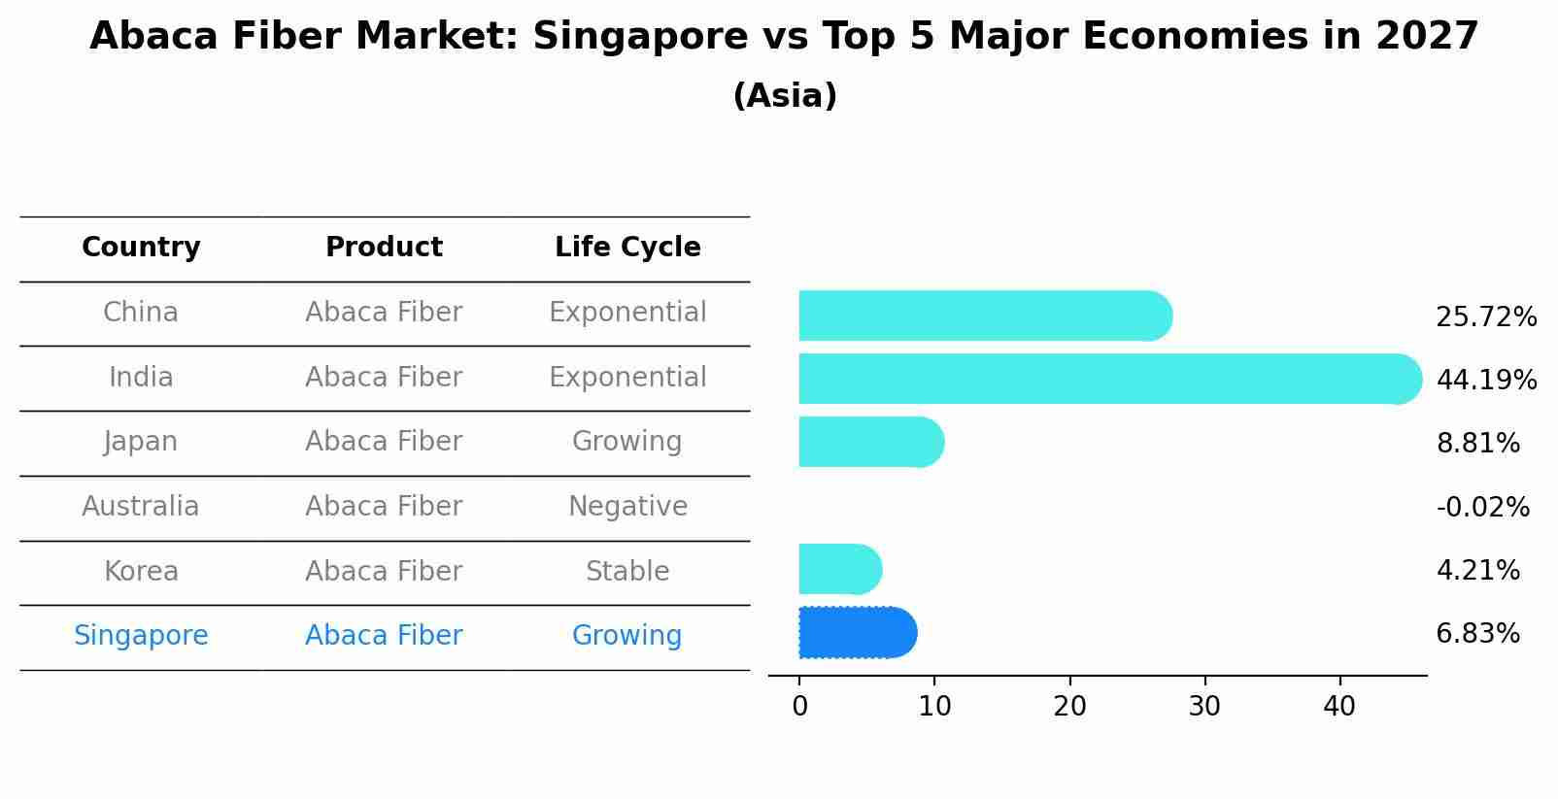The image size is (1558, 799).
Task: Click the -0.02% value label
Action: pos(1482,507)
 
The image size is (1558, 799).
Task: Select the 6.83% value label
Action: pos(1477,634)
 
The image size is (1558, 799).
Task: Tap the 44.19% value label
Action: pos(1486,380)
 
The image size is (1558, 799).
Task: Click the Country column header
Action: pos(141,248)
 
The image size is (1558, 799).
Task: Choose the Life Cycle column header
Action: pos(627,248)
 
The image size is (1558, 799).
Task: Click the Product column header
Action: pos(384,248)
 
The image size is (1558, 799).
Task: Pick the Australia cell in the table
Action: pos(141,507)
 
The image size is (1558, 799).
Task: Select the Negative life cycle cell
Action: pos(627,507)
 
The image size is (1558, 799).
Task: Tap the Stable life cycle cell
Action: pos(627,572)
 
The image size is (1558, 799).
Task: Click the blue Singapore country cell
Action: pos(141,636)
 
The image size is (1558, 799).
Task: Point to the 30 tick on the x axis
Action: pos(1204,707)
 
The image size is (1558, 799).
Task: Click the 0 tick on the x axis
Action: pos(799,707)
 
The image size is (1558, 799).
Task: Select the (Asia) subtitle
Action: pos(785,96)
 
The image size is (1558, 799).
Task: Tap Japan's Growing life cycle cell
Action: pos(627,442)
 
